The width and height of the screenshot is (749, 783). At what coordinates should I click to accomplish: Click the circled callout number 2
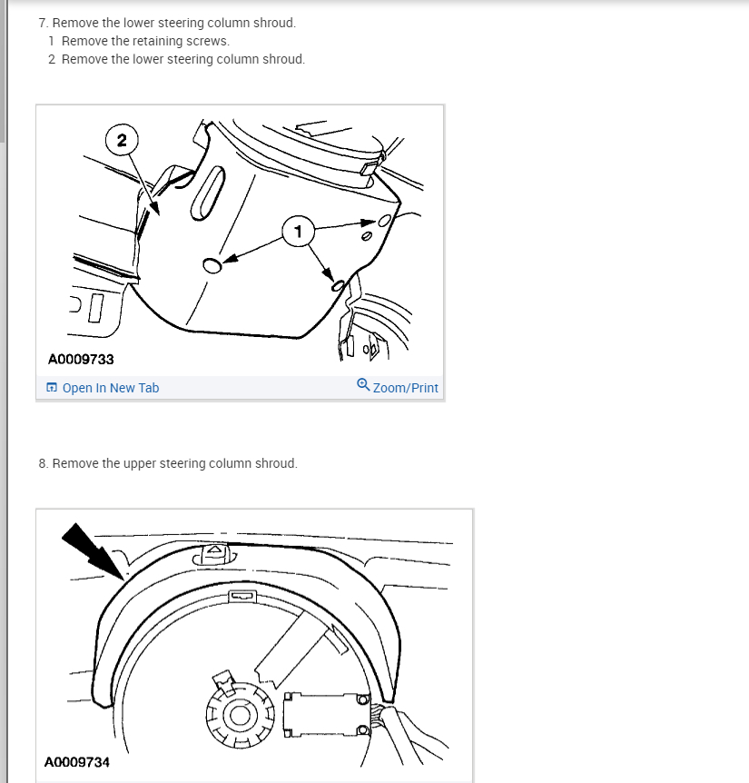pos(122,140)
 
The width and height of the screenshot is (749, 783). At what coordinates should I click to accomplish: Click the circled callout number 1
pos(298,232)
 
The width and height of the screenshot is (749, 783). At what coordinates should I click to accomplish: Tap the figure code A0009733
pos(81,360)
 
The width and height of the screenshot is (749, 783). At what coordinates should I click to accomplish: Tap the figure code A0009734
pos(77,762)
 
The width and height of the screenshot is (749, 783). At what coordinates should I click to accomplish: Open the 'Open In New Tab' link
pos(110,388)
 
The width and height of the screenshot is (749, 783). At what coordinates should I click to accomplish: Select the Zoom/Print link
pos(405,388)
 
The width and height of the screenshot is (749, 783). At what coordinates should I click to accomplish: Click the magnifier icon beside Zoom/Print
pos(363,385)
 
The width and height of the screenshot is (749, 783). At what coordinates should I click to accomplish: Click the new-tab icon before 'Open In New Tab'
pos(52,388)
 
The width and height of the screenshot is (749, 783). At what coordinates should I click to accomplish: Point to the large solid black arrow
pos(93,551)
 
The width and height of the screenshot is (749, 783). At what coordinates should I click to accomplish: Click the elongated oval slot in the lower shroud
pos(208,193)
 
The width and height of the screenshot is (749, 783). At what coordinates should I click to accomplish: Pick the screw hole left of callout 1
pos(212,265)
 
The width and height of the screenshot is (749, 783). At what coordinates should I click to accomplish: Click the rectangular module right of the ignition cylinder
pos(327,714)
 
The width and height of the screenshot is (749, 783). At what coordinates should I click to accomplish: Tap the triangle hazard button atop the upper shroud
pos(215,553)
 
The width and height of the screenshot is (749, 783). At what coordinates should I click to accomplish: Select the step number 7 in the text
pos(43,23)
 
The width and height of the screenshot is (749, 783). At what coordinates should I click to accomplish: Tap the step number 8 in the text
pos(43,463)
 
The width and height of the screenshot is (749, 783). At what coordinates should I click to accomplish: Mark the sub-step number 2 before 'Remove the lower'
pos(52,59)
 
